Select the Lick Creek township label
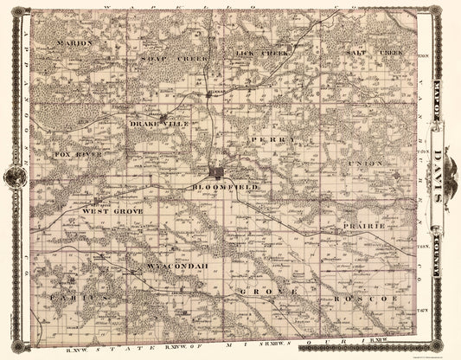[261, 53]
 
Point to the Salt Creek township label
[374, 52]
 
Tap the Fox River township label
[78, 154]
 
